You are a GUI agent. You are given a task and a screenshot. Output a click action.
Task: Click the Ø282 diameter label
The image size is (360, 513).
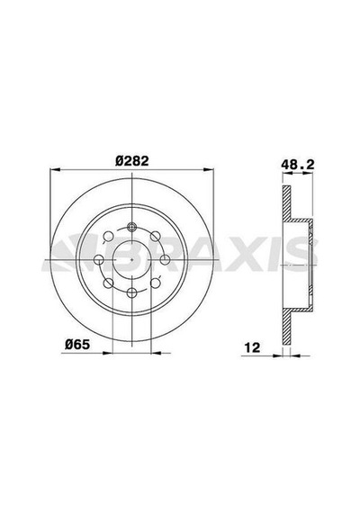click(x=132, y=160)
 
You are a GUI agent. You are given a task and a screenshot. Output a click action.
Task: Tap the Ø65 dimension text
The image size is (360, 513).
click(x=76, y=344)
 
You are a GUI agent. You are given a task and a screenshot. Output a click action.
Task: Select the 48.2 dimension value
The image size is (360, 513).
click(x=298, y=165)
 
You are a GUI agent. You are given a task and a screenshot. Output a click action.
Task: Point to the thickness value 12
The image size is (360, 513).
click(x=252, y=347)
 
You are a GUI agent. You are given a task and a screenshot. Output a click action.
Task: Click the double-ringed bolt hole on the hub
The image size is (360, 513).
click(x=132, y=227)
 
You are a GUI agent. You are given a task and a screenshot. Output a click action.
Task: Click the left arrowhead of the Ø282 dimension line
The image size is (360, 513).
click(x=55, y=169)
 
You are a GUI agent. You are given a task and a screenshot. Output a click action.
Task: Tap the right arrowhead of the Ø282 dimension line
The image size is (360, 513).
click(x=209, y=169)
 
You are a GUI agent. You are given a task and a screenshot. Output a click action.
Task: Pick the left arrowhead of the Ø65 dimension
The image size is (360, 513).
click(x=107, y=353)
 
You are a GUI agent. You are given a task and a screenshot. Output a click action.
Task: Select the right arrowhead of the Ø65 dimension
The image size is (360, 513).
click(x=156, y=353)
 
